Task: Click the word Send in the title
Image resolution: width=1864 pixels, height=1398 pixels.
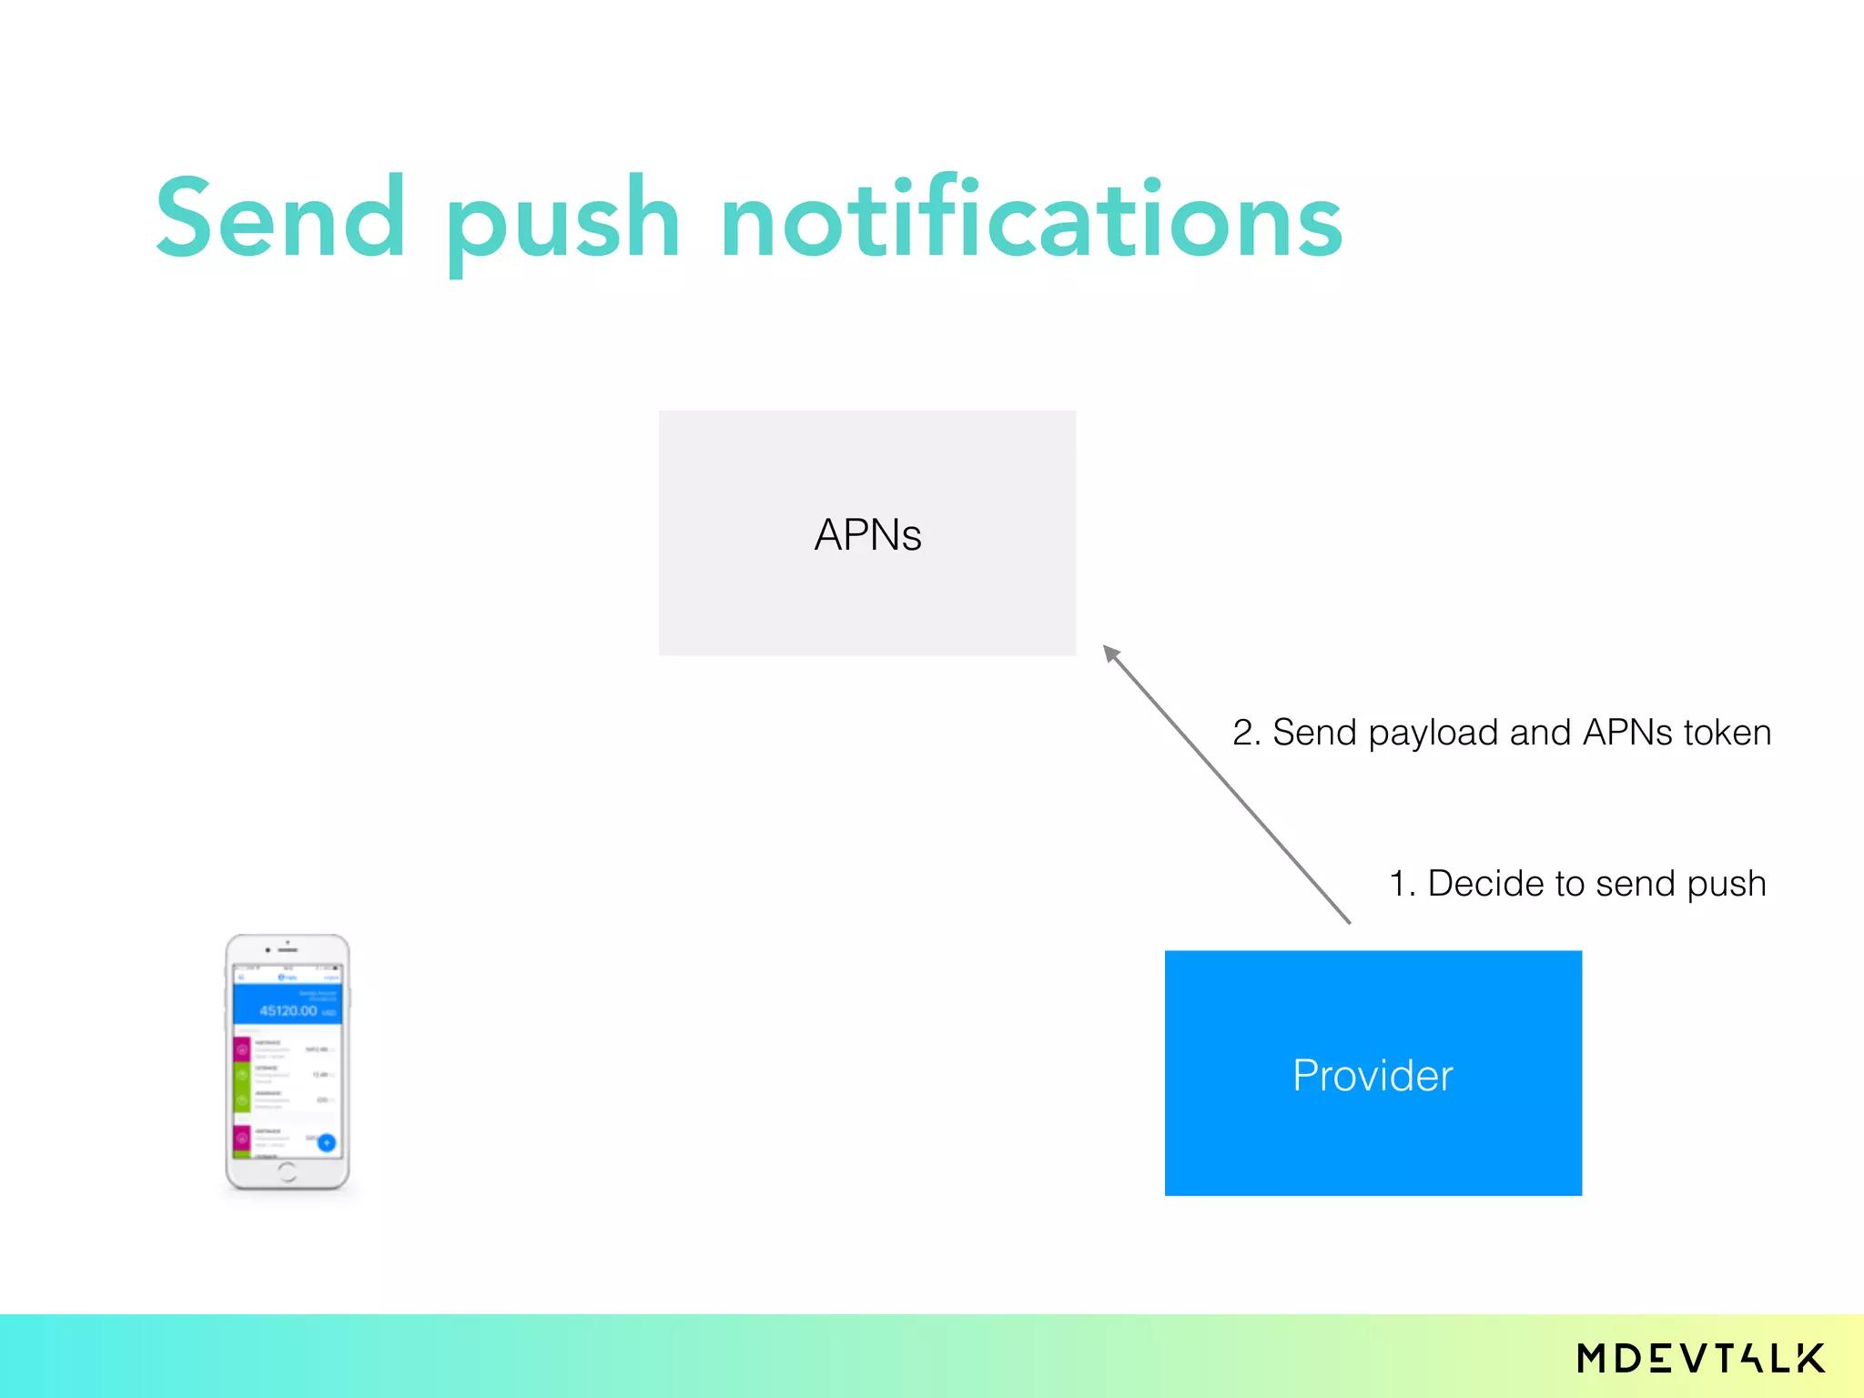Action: (280, 218)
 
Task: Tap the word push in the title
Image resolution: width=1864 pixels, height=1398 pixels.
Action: (562, 223)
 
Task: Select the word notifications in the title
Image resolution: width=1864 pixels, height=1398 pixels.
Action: (1030, 218)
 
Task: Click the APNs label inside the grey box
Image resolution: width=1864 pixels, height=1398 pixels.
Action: (867, 534)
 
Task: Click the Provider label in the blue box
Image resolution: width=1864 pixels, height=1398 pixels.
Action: (1373, 1075)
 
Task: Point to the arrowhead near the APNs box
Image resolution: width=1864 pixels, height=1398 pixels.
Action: (1110, 653)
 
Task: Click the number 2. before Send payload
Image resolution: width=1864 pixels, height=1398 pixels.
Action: (1246, 733)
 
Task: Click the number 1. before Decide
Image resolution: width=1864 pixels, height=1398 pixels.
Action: (1402, 884)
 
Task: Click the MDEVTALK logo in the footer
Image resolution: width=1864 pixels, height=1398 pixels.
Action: (1701, 1358)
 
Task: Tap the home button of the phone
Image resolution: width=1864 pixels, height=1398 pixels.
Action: (287, 1171)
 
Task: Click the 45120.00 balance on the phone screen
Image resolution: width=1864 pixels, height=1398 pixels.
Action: (289, 1010)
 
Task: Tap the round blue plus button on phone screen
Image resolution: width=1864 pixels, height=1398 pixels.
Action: (327, 1142)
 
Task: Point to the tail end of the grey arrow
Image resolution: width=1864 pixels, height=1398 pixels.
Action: (1348, 921)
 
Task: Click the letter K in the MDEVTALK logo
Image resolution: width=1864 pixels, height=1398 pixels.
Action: (1810, 1358)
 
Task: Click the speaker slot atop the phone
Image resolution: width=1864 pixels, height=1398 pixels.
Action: (289, 950)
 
